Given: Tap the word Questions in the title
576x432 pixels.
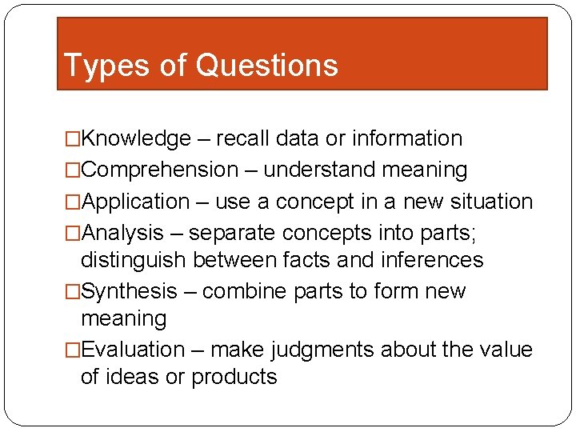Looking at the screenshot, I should pyautogui.click(x=266, y=66).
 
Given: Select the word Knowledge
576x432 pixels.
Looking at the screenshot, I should pyautogui.click(x=136, y=138).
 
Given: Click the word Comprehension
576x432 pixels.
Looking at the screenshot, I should pyautogui.click(x=159, y=170).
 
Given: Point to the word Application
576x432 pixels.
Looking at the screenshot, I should pyautogui.click(x=135, y=202).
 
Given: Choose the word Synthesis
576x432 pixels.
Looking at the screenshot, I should pyautogui.click(x=129, y=291).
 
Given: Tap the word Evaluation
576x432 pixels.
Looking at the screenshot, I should pyautogui.click(x=133, y=350).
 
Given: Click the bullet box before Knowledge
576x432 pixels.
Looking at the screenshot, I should pyautogui.click(x=73, y=139).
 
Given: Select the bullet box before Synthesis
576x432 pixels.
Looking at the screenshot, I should pyautogui.click(x=73, y=292).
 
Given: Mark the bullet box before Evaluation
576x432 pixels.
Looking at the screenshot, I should pyautogui.click(x=73, y=350).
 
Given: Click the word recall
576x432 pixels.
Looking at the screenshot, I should pyautogui.click(x=243, y=138).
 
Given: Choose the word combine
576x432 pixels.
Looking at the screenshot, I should pyautogui.click(x=245, y=291).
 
